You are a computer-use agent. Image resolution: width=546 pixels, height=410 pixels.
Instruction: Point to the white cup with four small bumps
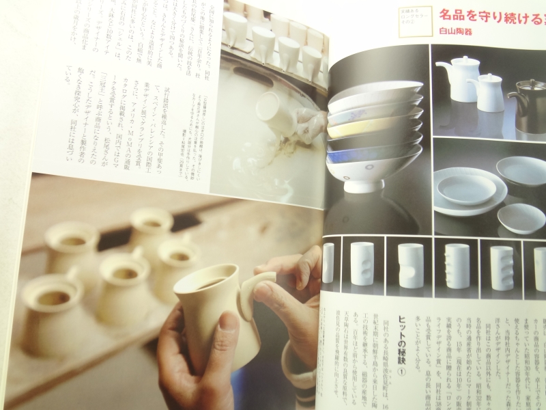pyautogui.click(x=456, y=266)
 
